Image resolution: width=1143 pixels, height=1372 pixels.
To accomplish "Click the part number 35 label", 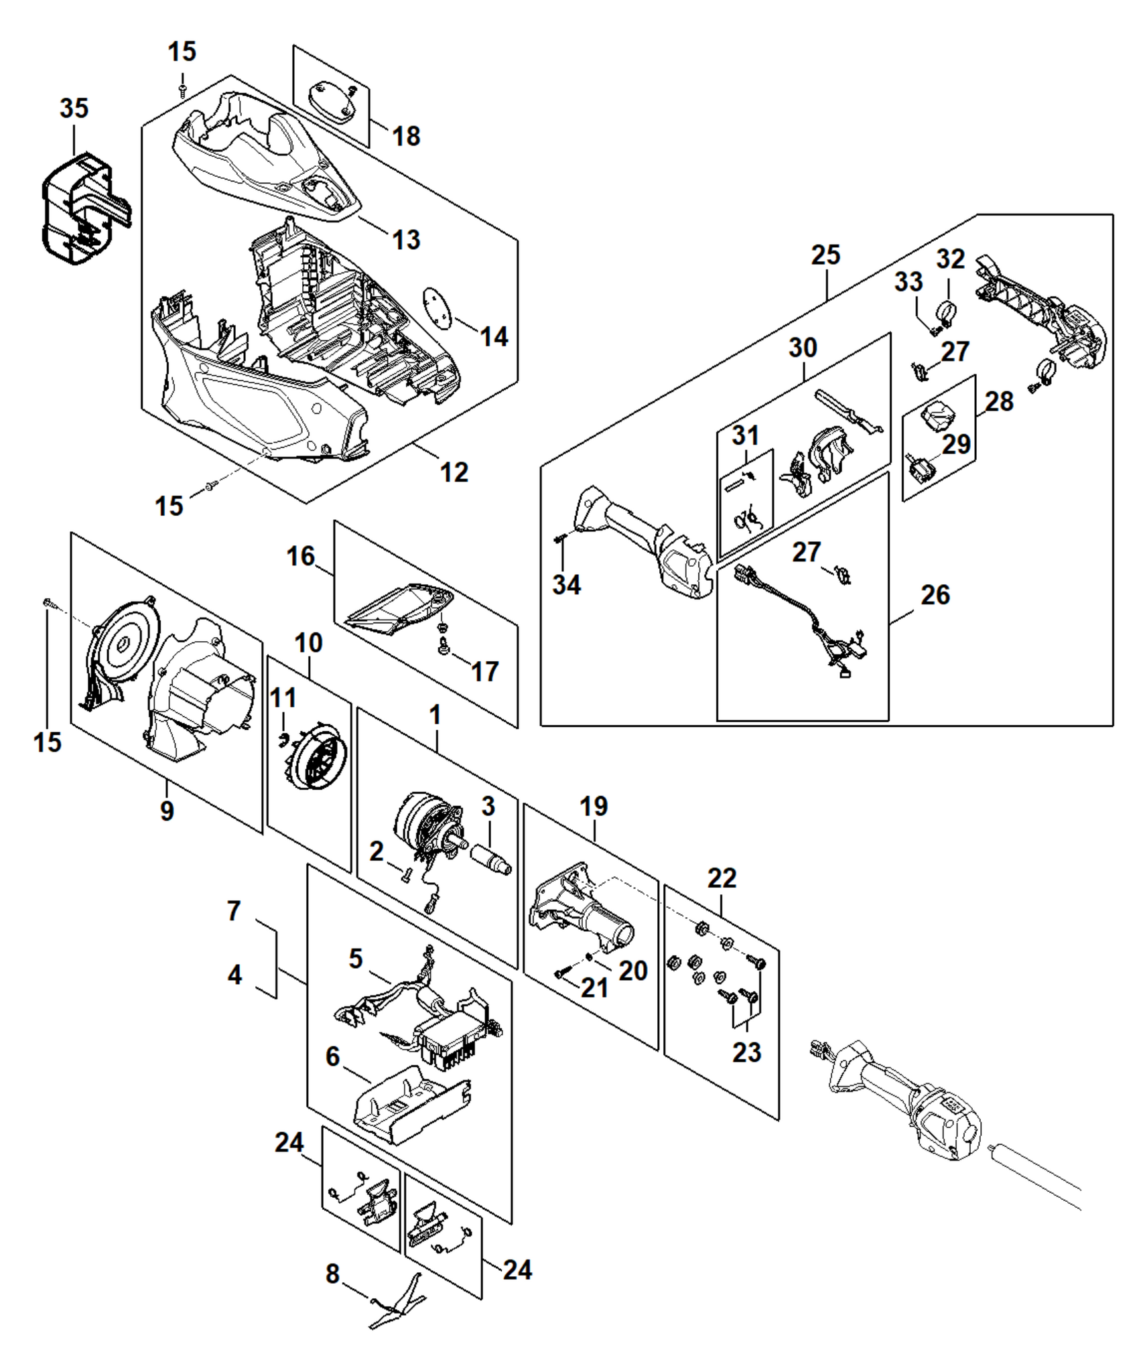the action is [x=74, y=108].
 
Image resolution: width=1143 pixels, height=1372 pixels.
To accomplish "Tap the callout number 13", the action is [x=406, y=239].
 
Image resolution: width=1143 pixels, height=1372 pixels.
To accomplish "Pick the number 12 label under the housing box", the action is [x=454, y=472].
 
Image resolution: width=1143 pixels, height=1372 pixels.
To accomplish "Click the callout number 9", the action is [x=167, y=811].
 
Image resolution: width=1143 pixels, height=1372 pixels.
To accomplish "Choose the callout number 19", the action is [x=594, y=806].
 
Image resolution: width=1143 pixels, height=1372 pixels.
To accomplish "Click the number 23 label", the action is [x=746, y=1052].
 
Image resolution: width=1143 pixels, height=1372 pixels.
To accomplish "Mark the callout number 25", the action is [x=825, y=255].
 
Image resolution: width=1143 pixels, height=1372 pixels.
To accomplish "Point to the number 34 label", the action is [x=566, y=585].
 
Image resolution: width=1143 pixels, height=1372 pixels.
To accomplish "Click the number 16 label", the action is [x=301, y=556].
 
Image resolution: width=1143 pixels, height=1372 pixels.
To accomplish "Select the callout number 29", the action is [x=956, y=444].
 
